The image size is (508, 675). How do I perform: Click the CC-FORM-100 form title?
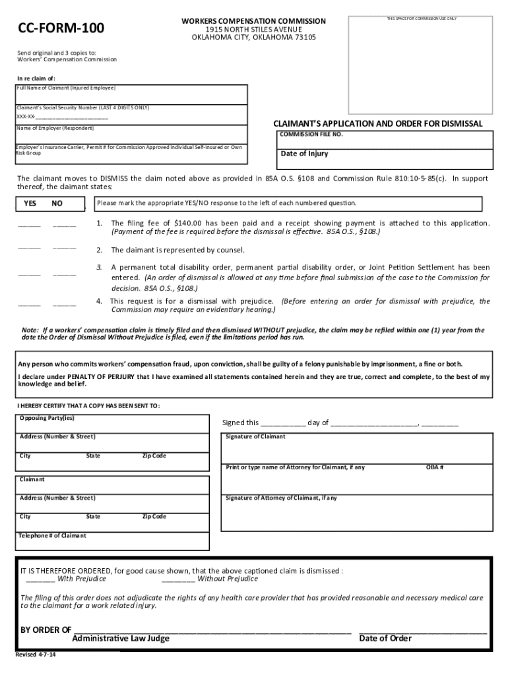pos(61,28)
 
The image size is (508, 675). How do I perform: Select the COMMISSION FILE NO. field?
pos(385,140)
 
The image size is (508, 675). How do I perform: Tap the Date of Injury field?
pos(385,159)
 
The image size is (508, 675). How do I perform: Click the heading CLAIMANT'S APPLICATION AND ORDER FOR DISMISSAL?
pos(378,124)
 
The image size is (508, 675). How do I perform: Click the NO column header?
pos(57,204)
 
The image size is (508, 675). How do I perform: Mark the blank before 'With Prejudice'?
pos(40,579)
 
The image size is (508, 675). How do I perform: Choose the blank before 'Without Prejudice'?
pos(178,579)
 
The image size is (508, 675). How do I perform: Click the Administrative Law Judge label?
pos(121,638)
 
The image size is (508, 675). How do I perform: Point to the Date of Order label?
pos(385,638)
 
